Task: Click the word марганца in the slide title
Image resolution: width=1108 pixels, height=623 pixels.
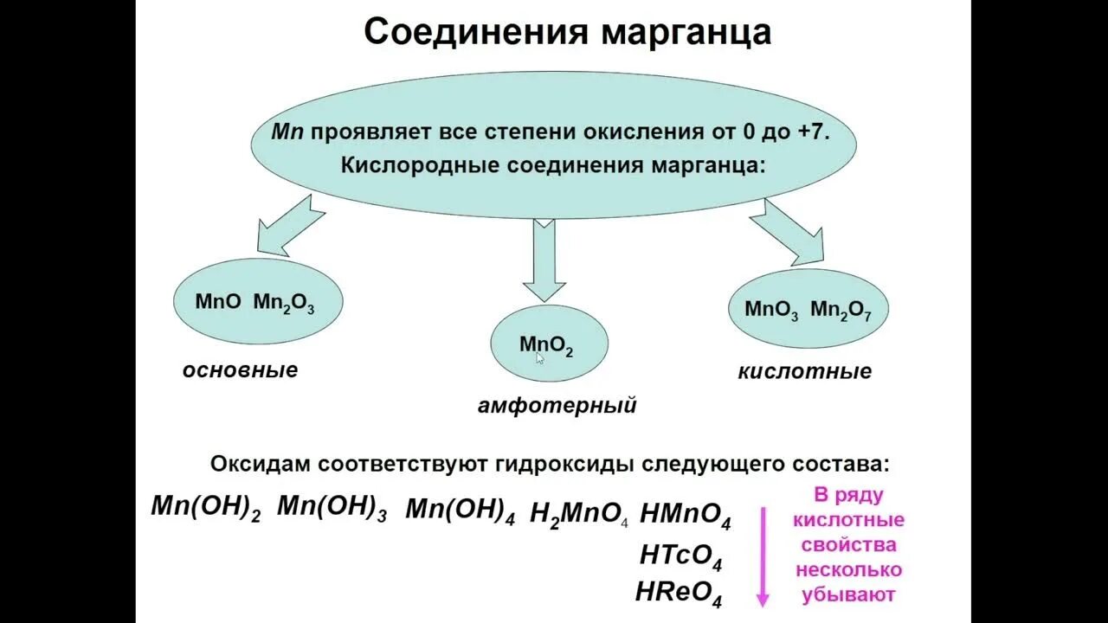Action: [686, 33]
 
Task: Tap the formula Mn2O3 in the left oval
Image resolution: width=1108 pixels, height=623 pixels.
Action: [284, 303]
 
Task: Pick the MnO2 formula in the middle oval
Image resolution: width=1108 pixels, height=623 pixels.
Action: [546, 345]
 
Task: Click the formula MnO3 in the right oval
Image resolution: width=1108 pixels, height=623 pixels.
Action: [771, 311]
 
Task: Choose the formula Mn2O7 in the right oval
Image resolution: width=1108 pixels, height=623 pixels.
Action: [841, 311]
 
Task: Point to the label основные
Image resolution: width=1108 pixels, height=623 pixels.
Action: [240, 370]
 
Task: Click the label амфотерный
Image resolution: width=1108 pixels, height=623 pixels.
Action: [557, 405]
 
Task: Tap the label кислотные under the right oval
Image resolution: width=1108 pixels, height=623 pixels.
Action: [804, 372]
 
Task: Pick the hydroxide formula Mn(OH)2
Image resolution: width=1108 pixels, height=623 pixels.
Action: [205, 507]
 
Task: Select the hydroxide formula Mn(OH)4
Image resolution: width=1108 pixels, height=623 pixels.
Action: [460, 511]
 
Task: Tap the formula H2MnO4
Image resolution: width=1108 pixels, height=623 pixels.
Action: [579, 515]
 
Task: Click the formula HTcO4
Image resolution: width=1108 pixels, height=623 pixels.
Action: [680, 556]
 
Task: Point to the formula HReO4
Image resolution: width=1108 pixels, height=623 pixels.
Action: [679, 594]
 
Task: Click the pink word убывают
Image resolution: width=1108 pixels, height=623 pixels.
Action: [849, 595]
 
